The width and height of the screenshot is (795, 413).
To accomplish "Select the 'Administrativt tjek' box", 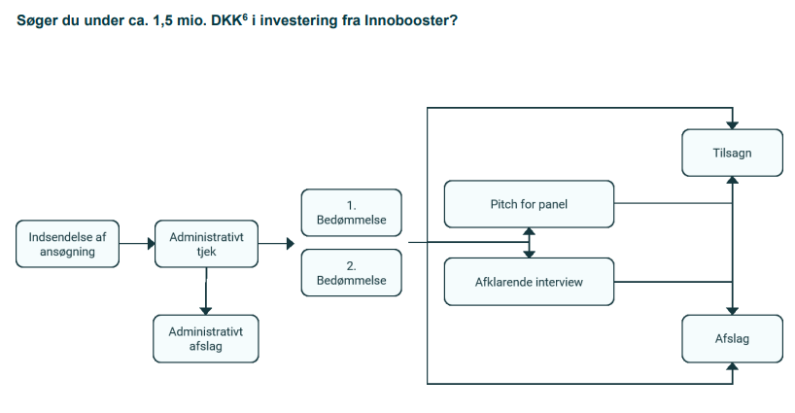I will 206,244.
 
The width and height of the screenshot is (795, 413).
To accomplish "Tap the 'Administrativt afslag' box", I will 206,338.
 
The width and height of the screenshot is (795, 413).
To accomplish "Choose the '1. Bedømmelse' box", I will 351,213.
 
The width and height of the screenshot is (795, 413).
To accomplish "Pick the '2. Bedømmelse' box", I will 351,273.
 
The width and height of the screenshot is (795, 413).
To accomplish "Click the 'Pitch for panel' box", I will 530,204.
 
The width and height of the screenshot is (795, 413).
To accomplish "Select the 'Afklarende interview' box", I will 530,282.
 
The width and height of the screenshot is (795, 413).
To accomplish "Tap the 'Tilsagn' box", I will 732,153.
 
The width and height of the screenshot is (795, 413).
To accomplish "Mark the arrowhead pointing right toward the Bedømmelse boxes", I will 290,244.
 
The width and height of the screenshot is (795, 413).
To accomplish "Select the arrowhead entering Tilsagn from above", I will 732,124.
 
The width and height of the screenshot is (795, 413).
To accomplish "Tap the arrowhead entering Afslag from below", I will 732,367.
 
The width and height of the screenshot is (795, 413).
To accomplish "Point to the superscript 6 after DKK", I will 244,16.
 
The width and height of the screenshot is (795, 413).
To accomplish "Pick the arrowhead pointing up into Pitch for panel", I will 530,233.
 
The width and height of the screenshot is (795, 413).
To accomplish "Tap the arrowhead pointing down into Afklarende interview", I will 530,254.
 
